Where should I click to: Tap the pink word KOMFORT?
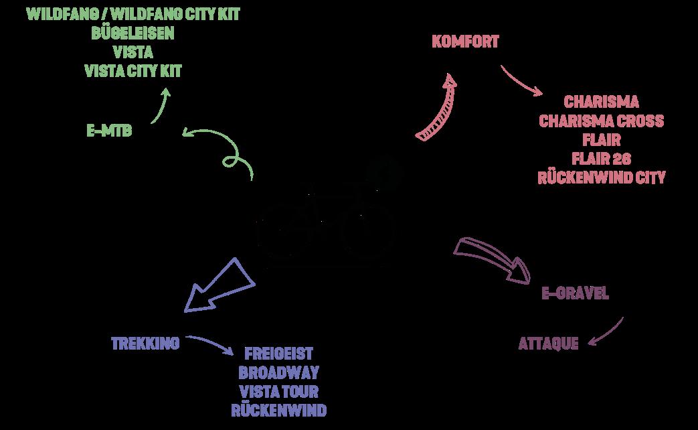466,42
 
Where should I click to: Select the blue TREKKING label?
145,344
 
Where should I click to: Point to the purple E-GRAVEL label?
575,293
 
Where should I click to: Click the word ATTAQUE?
548,344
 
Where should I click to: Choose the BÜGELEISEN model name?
133,33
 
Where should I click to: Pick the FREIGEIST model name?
279,354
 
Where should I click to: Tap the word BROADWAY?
279,372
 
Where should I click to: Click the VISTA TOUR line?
279,391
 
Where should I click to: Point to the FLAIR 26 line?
601,159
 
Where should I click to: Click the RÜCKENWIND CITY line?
601,177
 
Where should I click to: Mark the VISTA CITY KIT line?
133,70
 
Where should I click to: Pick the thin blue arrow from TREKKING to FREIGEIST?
210,342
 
